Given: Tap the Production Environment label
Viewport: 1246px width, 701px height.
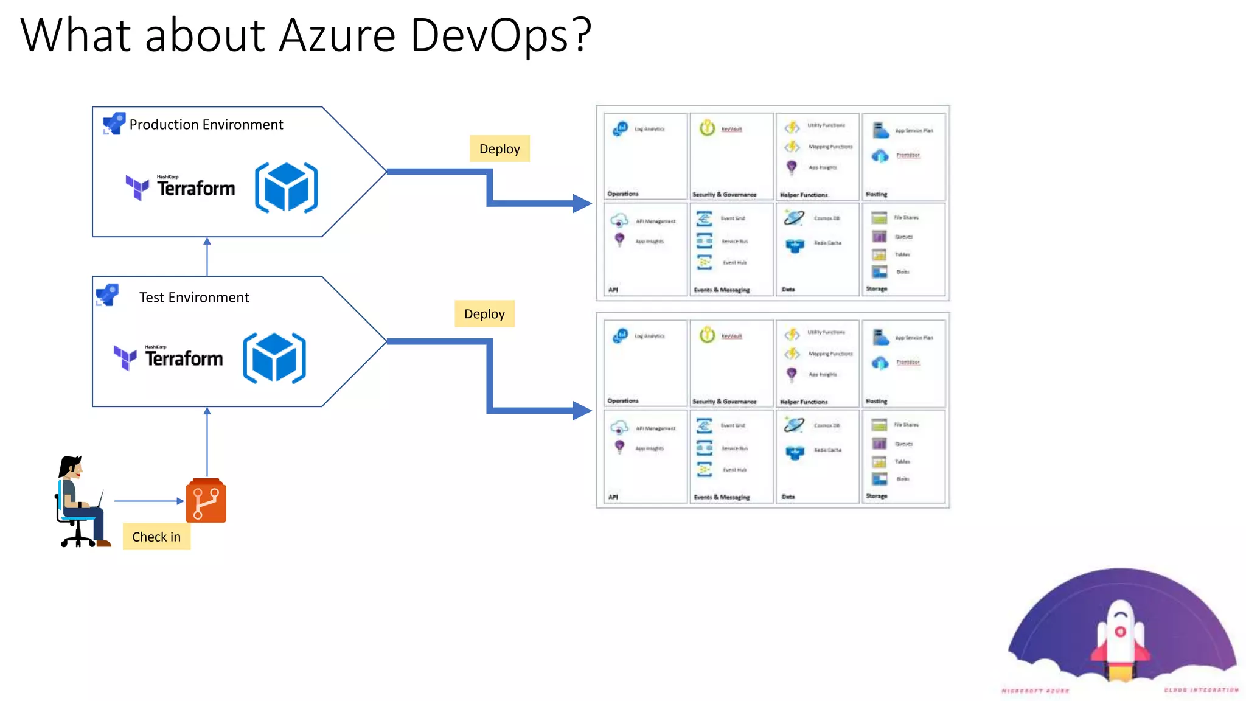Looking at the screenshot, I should (206, 125).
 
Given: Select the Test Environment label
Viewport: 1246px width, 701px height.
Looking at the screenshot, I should (193, 298).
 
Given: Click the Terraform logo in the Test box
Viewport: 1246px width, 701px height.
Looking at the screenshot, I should (169, 357).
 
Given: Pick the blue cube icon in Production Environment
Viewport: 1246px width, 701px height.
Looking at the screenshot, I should (287, 187).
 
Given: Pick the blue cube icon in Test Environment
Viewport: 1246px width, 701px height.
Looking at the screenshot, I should (274, 358).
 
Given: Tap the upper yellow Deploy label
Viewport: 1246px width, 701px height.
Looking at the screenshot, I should (499, 149).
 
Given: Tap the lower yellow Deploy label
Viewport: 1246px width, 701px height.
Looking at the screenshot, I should (484, 314).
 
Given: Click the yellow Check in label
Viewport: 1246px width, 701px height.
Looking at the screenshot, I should (156, 537).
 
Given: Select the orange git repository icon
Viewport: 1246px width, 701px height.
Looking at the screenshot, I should (206, 501).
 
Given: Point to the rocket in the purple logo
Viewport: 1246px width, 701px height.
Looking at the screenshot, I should (1120, 639).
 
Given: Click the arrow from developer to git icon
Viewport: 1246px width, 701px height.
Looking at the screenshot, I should (148, 501).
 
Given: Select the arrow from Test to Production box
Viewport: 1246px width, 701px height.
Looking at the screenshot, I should (207, 257).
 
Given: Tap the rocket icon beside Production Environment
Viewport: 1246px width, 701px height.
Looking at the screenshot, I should (114, 124).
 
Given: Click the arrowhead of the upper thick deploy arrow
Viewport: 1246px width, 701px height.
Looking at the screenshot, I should (582, 203).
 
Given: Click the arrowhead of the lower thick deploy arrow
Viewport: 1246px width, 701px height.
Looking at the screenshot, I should (582, 410).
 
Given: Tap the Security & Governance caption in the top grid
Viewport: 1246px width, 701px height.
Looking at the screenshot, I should (724, 195).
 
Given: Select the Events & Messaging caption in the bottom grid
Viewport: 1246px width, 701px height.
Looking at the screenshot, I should (722, 497).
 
